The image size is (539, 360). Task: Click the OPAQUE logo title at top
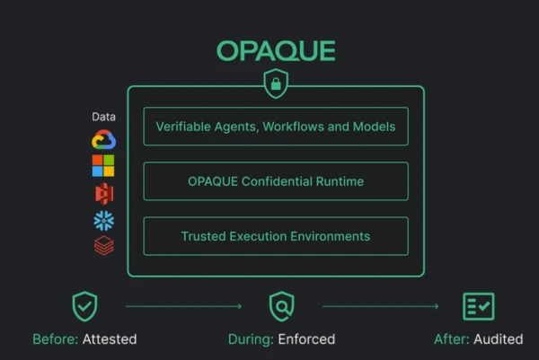click(276, 51)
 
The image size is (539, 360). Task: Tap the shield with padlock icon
click(276, 83)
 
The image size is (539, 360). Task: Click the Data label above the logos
click(104, 117)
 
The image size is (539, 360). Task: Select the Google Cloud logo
click(104, 139)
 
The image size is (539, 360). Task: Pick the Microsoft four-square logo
click(103, 165)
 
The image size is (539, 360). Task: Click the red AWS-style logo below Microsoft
click(104, 193)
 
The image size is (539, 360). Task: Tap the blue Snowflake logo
click(104, 221)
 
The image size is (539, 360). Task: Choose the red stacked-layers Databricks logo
click(104, 245)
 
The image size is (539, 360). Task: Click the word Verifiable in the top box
click(183, 127)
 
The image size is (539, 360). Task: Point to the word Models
click(374, 127)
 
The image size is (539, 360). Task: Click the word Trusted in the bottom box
click(203, 236)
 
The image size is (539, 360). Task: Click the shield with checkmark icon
click(84, 306)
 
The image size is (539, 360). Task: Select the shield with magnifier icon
click(281, 306)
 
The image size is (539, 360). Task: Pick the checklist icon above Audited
click(479, 306)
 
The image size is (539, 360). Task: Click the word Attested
click(110, 339)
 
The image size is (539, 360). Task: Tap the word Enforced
click(306, 339)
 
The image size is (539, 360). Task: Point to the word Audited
click(499, 339)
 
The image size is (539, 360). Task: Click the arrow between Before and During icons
click(184, 306)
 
